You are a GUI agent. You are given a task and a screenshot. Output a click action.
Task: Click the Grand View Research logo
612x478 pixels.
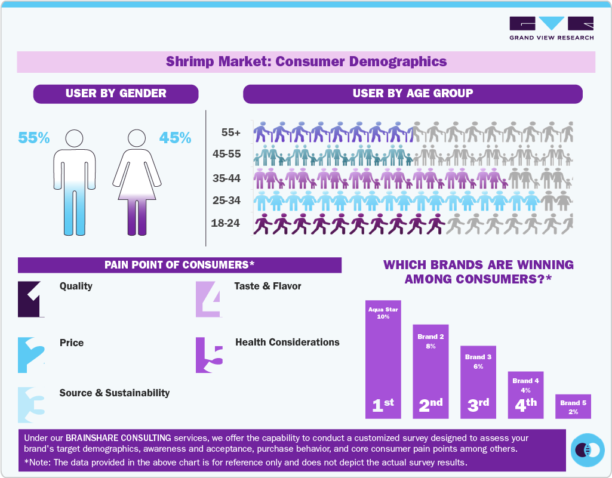pyautogui.click(x=551, y=29)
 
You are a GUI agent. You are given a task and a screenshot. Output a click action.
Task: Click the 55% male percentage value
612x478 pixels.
pyautogui.click(x=33, y=138)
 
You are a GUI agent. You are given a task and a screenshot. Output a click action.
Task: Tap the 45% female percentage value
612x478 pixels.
pyautogui.click(x=175, y=138)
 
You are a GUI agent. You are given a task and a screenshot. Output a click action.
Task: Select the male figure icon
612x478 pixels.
pyautogui.click(x=75, y=182)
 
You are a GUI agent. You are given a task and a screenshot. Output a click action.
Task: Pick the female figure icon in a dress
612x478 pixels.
pyautogui.click(x=137, y=182)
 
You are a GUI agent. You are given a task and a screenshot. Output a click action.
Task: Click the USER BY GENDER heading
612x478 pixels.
pyautogui.click(x=116, y=94)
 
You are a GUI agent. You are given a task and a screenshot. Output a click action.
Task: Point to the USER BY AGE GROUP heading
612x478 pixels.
pyautogui.click(x=413, y=94)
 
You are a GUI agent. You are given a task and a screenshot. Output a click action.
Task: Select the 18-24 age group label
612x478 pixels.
pyautogui.click(x=226, y=223)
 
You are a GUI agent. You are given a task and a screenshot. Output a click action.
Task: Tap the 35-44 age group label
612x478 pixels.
pyautogui.click(x=226, y=178)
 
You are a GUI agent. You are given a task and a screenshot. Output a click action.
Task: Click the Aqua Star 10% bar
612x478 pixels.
pyautogui.click(x=383, y=359)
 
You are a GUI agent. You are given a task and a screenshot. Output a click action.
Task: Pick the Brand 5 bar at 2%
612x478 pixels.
pyautogui.click(x=573, y=406)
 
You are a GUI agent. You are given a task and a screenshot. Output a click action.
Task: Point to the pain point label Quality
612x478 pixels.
pyautogui.click(x=76, y=286)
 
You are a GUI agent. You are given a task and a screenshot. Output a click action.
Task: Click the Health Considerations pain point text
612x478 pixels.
pyautogui.click(x=287, y=343)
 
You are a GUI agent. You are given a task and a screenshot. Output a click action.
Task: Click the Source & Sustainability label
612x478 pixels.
pyautogui.click(x=115, y=393)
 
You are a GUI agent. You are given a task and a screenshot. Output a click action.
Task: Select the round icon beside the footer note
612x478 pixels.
pyautogui.click(x=588, y=450)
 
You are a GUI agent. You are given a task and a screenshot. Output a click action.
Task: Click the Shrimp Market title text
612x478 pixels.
pyautogui.click(x=306, y=61)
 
